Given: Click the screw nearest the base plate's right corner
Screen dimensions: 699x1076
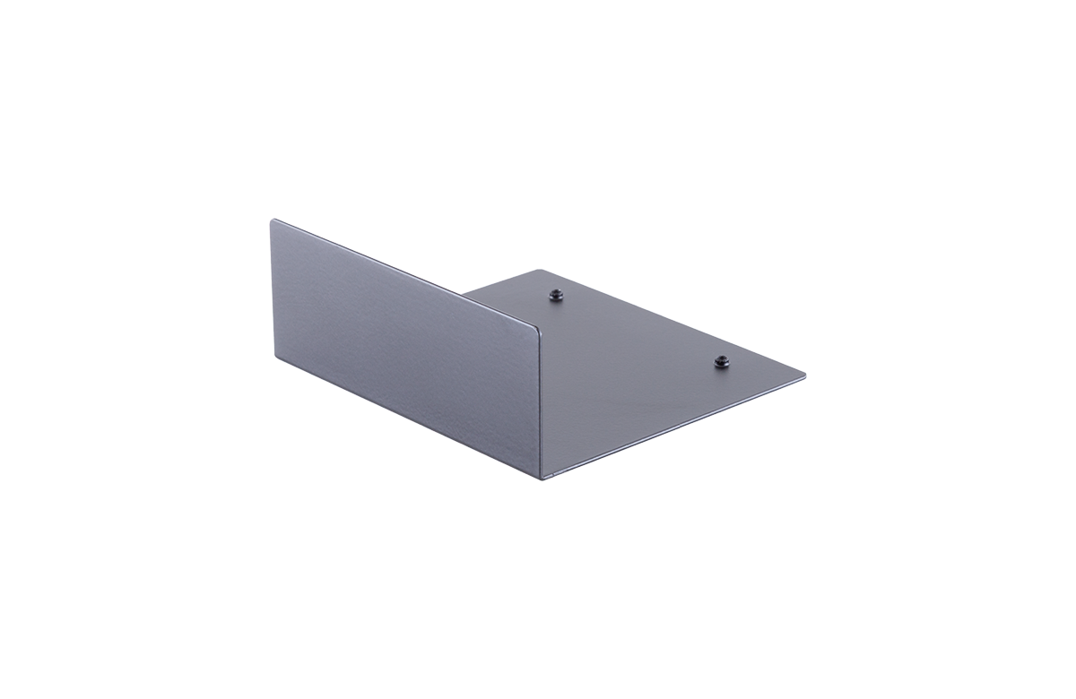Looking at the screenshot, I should point(722,361).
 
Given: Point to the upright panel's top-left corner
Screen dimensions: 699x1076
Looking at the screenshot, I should point(273,220).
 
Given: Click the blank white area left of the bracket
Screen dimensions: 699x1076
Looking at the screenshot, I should point(134,349).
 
